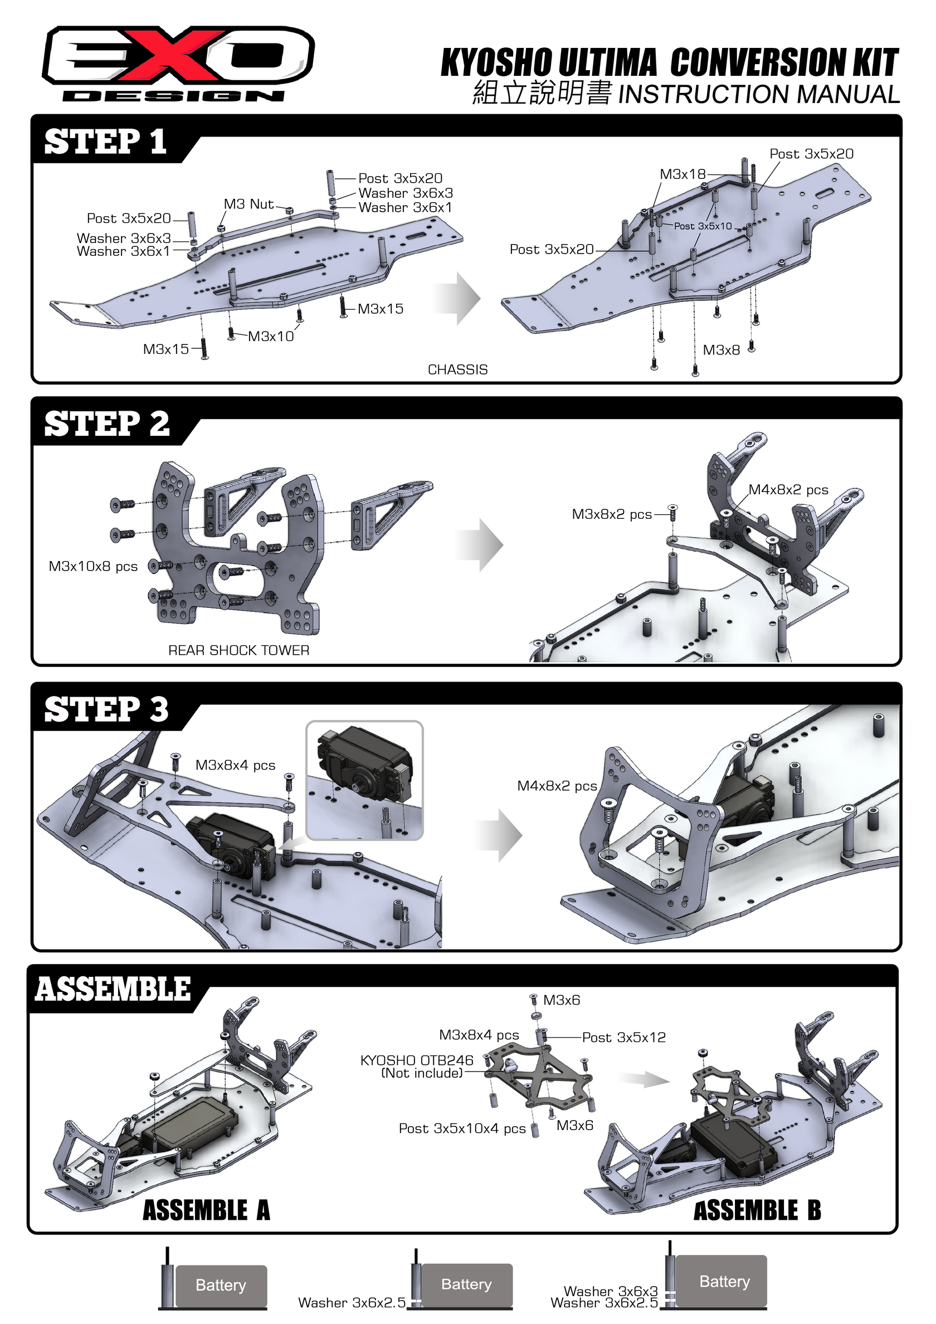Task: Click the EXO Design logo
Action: (x=178, y=64)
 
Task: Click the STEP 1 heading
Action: (x=105, y=142)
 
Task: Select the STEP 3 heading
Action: (x=106, y=709)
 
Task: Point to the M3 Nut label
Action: (x=248, y=204)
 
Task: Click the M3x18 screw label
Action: (x=682, y=174)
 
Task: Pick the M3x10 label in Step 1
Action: (x=270, y=336)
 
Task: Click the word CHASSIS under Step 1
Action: (x=457, y=369)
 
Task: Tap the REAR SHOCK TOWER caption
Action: (x=239, y=650)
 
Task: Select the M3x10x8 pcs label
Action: (x=93, y=566)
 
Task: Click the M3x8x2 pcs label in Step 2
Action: (x=611, y=514)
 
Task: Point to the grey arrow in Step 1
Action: (x=459, y=299)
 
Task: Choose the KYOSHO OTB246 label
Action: (x=416, y=1060)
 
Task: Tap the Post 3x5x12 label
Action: (x=623, y=1038)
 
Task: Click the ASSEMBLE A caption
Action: (x=206, y=1210)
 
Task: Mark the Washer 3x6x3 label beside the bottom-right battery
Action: (x=610, y=1291)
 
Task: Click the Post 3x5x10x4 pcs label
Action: (x=462, y=1128)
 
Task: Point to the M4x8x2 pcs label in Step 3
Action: (x=557, y=786)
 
